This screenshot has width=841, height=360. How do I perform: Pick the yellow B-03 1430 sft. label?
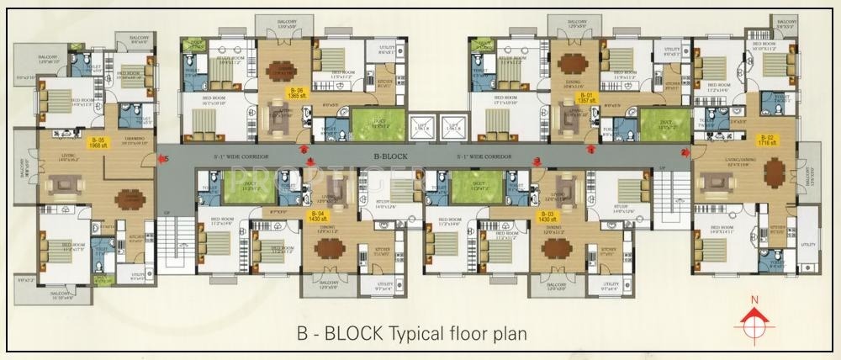coord(546,217)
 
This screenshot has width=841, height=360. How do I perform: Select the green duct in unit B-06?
coord(373,125)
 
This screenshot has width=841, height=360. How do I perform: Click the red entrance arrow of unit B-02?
coord(685,152)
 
